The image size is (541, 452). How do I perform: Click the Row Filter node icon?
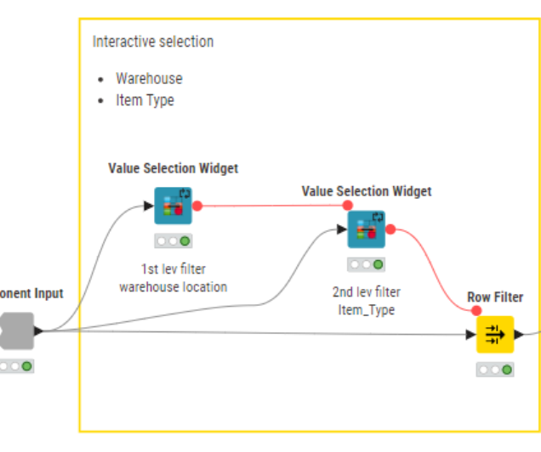click(495, 335)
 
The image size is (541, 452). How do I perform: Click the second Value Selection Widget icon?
click(367, 229)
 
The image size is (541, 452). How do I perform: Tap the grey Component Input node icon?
click(18, 331)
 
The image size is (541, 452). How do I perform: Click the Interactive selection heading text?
click(153, 42)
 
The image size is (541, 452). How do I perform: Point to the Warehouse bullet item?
click(149, 78)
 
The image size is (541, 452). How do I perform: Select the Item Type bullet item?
click(145, 100)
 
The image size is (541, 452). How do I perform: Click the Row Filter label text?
click(495, 297)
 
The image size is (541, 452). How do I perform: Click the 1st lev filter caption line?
click(173, 269)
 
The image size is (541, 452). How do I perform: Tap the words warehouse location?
click(173, 287)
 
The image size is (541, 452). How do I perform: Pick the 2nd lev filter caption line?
click(367, 292)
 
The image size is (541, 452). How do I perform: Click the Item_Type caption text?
click(367, 310)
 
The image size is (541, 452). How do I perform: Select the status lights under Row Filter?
click(495, 370)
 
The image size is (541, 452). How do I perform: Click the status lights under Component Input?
click(16, 366)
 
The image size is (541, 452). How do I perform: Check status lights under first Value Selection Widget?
click(173, 241)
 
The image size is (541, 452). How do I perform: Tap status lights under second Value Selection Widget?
click(367, 265)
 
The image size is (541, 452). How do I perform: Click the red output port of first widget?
click(197, 206)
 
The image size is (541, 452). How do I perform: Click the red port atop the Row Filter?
click(476, 310)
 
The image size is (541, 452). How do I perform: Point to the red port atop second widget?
click(347, 205)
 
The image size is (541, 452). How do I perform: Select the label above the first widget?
click(173, 168)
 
